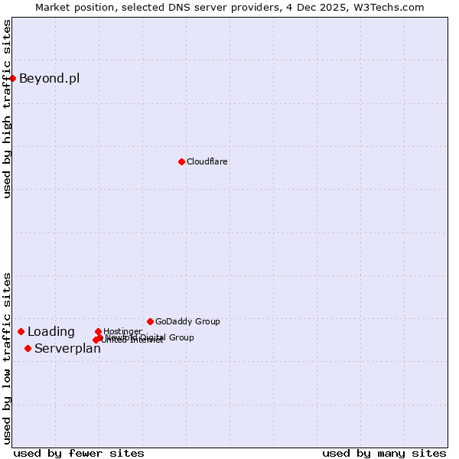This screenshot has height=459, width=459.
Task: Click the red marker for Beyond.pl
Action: (13, 78)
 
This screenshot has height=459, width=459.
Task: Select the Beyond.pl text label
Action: (49, 78)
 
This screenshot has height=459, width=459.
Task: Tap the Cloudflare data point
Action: (181, 161)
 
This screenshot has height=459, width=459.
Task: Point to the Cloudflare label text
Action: (207, 161)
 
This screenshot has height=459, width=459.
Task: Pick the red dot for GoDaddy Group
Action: (150, 321)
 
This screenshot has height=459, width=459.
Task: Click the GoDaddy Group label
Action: (187, 321)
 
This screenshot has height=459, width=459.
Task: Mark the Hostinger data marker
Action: (98, 331)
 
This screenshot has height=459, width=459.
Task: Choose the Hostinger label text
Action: (122, 331)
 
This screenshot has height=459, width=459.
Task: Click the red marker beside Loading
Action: (21, 331)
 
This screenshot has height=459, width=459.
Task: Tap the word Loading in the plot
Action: (51, 331)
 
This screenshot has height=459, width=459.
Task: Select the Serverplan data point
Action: (28, 348)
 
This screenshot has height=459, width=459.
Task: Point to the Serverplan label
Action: (67, 349)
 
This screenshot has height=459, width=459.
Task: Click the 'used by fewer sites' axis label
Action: (79, 453)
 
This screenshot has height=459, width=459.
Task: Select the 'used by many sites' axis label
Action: (384, 453)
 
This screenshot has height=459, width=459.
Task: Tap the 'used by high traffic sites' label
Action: (7, 109)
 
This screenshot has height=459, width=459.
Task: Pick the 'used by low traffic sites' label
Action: (7, 358)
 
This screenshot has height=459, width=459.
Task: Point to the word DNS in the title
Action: (187, 7)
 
